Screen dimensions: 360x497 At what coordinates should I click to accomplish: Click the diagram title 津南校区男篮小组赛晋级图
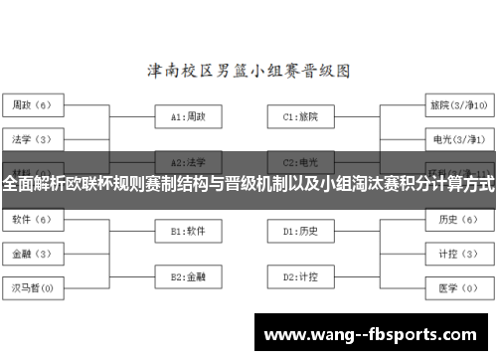pyautogui.click(x=248, y=71)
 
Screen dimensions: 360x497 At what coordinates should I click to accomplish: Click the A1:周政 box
pyautogui.click(x=188, y=116)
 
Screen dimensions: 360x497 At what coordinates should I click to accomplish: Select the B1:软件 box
pyautogui.click(x=188, y=231)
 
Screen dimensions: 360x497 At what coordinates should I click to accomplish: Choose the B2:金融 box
pyautogui.click(x=188, y=275)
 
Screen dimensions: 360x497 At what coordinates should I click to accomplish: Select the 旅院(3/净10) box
pyautogui.click(x=457, y=103)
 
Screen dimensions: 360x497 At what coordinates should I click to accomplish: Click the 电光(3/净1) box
pyautogui.click(x=457, y=137)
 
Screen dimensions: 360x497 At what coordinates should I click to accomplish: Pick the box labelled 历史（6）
pyautogui.click(x=457, y=219)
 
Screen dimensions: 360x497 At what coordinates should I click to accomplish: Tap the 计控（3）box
pyautogui.click(x=457, y=254)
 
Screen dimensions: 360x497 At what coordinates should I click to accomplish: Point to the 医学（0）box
pyautogui.click(x=457, y=287)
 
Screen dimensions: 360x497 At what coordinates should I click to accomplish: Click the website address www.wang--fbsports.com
pyautogui.click(x=373, y=334)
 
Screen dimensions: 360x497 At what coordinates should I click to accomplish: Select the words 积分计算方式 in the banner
pyautogui.click(x=444, y=183)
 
